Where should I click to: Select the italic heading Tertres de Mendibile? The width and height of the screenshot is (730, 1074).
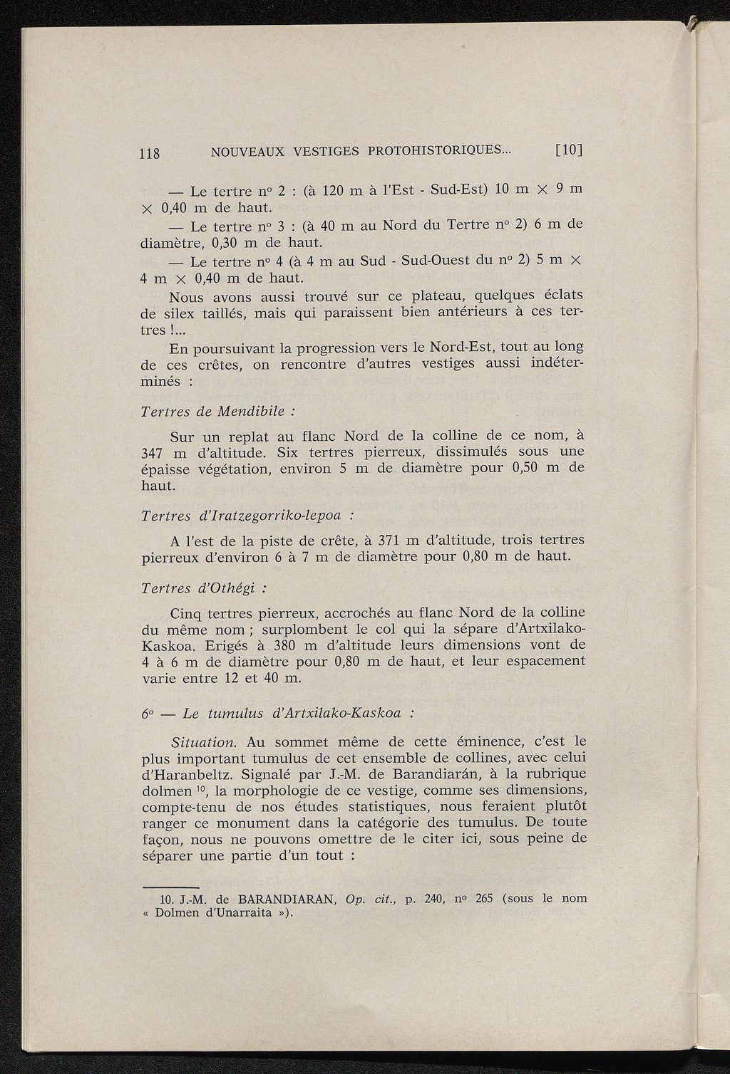click(217, 412)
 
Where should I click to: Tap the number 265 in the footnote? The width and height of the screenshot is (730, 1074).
click(485, 898)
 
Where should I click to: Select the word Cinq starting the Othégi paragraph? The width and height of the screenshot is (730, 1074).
click(187, 613)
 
